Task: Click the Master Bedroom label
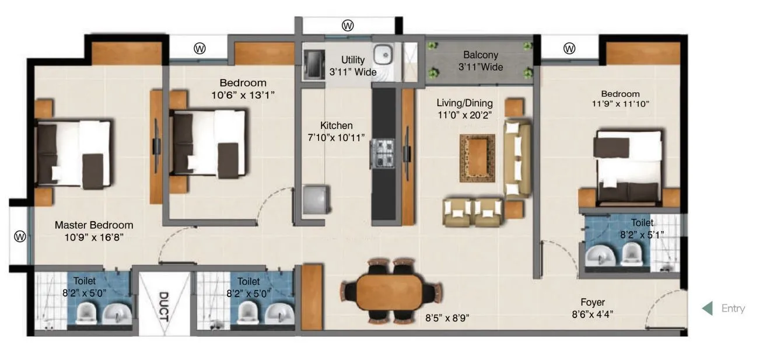click(94, 225)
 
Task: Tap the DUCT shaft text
click(163, 306)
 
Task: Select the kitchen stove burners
click(383, 153)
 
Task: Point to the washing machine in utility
click(313, 64)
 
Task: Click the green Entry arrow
click(707, 308)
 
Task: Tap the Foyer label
click(592, 302)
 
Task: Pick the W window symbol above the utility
click(348, 26)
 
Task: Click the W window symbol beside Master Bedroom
click(19, 236)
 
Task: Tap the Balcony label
click(481, 55)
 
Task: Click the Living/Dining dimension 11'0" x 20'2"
click(465, 115)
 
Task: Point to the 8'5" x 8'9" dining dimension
click(448, 318)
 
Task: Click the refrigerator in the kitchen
click(317, 200)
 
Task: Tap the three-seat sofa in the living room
click(517, 159)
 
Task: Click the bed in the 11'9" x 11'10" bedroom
click(629, 165)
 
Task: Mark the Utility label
click(353, 60)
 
